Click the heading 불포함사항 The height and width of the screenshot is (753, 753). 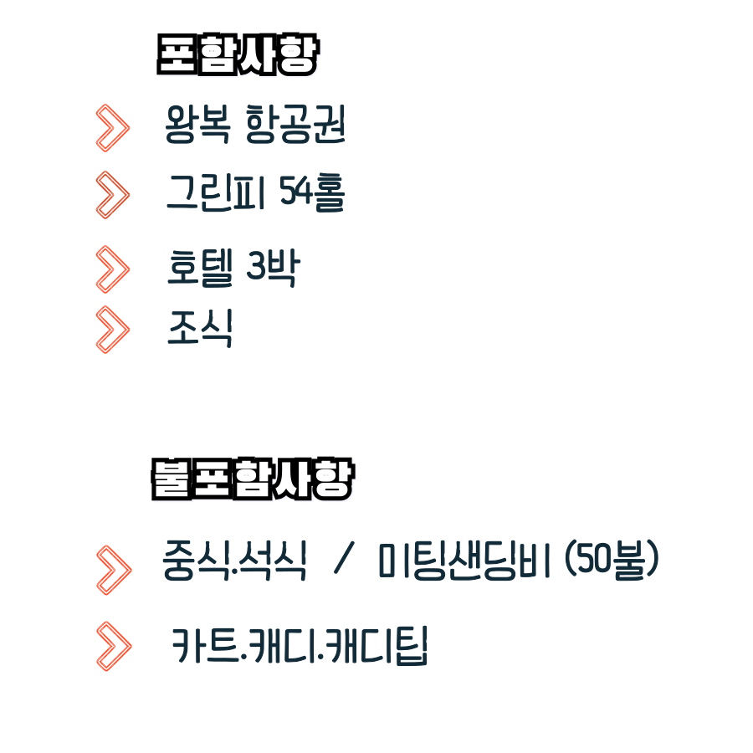point(251,479)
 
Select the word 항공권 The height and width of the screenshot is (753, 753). point(296,127)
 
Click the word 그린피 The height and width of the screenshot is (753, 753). point(216,194)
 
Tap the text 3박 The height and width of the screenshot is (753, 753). point(273,268)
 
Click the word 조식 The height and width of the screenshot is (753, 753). point(200,328)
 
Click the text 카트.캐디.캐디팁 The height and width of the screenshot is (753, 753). point(300,646)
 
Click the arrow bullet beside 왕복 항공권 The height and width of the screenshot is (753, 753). point(113,128)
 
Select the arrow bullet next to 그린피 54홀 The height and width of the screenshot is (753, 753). point(113,195)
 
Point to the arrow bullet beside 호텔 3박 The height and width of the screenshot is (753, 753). point(113,269)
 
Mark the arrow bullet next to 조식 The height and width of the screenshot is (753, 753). point(113,329)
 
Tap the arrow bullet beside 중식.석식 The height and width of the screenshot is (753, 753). point(114,569)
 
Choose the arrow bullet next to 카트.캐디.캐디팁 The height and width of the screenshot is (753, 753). point(114,646)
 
